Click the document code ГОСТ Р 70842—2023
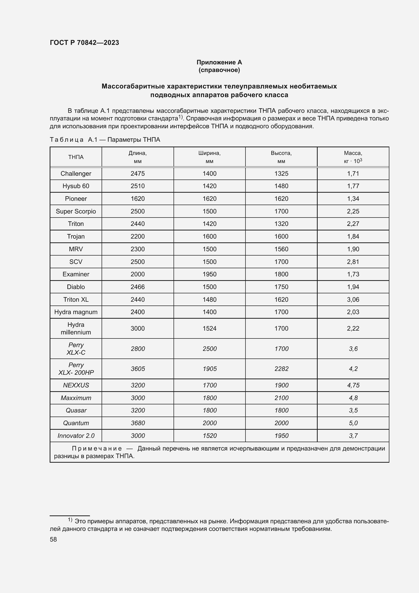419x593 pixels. (x=84, y=43)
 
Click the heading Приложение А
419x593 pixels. (x=219, y=62)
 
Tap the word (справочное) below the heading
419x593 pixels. (x=219, y=70)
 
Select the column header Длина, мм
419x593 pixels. (x=138, y=157)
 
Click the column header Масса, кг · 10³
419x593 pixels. (x=353, y=157)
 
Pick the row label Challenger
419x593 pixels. (x=76, y=174)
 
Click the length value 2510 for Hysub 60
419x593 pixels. (x=138, y=186)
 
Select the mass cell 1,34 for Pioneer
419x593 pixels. (x=353, y=199)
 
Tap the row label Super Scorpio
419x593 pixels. (x=76, y=211)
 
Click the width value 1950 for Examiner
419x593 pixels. (x=209, y=274)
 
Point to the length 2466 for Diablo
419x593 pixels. (x=138, y=287)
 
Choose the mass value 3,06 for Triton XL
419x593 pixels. (x=353, y=299)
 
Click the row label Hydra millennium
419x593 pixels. (x=76, y=328)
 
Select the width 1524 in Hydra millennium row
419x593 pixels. (x=209, y=328)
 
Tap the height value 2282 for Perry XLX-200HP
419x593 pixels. (x=281, y=369)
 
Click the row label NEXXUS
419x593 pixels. (x=76, y=385)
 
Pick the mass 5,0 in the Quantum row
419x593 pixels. (x=353, y=423)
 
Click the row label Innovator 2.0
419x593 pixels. (x=76, y=436)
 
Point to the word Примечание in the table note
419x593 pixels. (x=97, y=448)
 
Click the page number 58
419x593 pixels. (x=53, y=539)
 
